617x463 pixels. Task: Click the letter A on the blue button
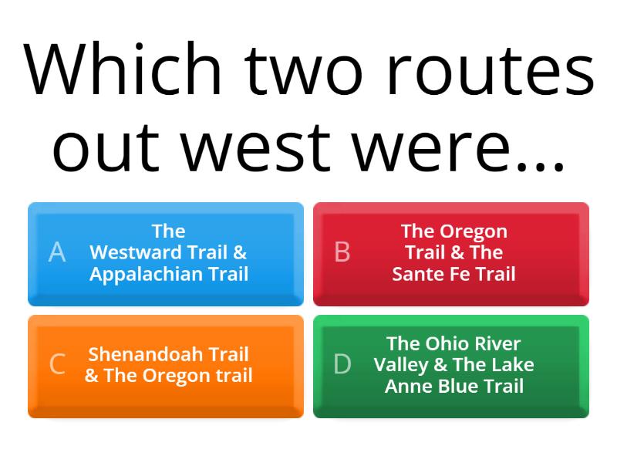coord(57,252)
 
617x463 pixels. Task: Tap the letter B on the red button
coord(342,252)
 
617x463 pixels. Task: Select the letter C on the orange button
coord(57,364)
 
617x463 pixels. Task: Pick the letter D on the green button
coord(342,364)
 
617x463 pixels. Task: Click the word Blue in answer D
coord(454,386)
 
